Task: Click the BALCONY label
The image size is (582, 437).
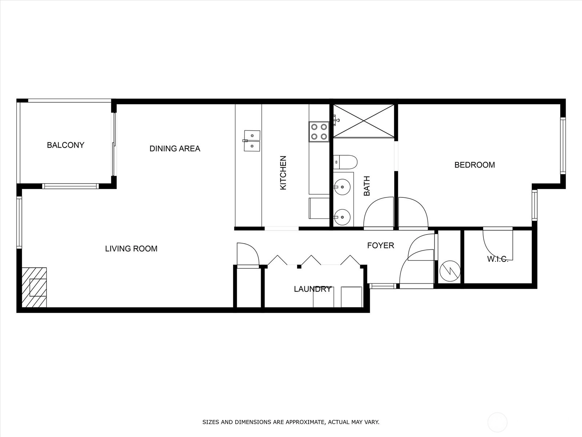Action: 65,145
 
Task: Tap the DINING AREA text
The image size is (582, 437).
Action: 175,149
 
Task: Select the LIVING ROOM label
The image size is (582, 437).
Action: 131,249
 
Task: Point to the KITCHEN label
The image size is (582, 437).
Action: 283,173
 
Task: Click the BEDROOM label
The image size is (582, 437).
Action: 475,165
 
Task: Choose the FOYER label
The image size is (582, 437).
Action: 380,245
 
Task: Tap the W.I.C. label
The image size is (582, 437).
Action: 497,259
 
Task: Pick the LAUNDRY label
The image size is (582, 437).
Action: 312,289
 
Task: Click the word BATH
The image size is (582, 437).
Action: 367,186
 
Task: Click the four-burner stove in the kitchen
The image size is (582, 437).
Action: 319,131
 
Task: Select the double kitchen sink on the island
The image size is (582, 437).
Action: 252,141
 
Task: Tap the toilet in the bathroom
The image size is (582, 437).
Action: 345,162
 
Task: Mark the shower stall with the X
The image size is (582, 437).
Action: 363,121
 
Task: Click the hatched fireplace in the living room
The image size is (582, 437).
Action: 34,287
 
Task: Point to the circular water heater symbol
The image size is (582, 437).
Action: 450,271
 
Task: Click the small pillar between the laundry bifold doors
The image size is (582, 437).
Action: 299,267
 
